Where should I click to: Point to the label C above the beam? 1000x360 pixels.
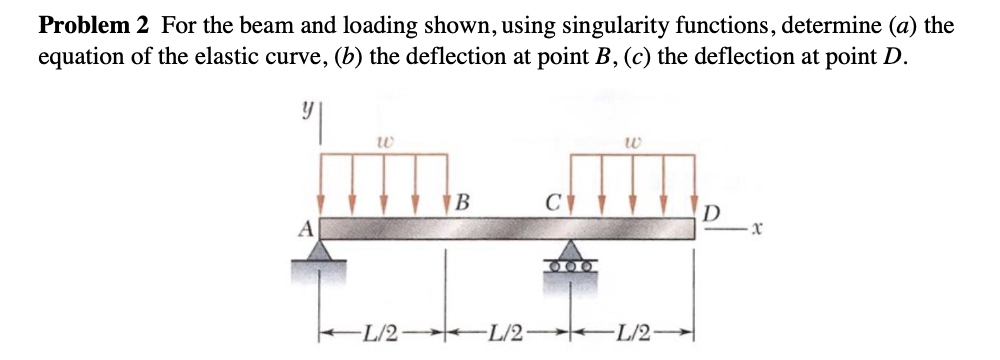[x=549, y=201]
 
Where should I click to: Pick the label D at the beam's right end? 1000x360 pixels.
[x=709, y=213]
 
